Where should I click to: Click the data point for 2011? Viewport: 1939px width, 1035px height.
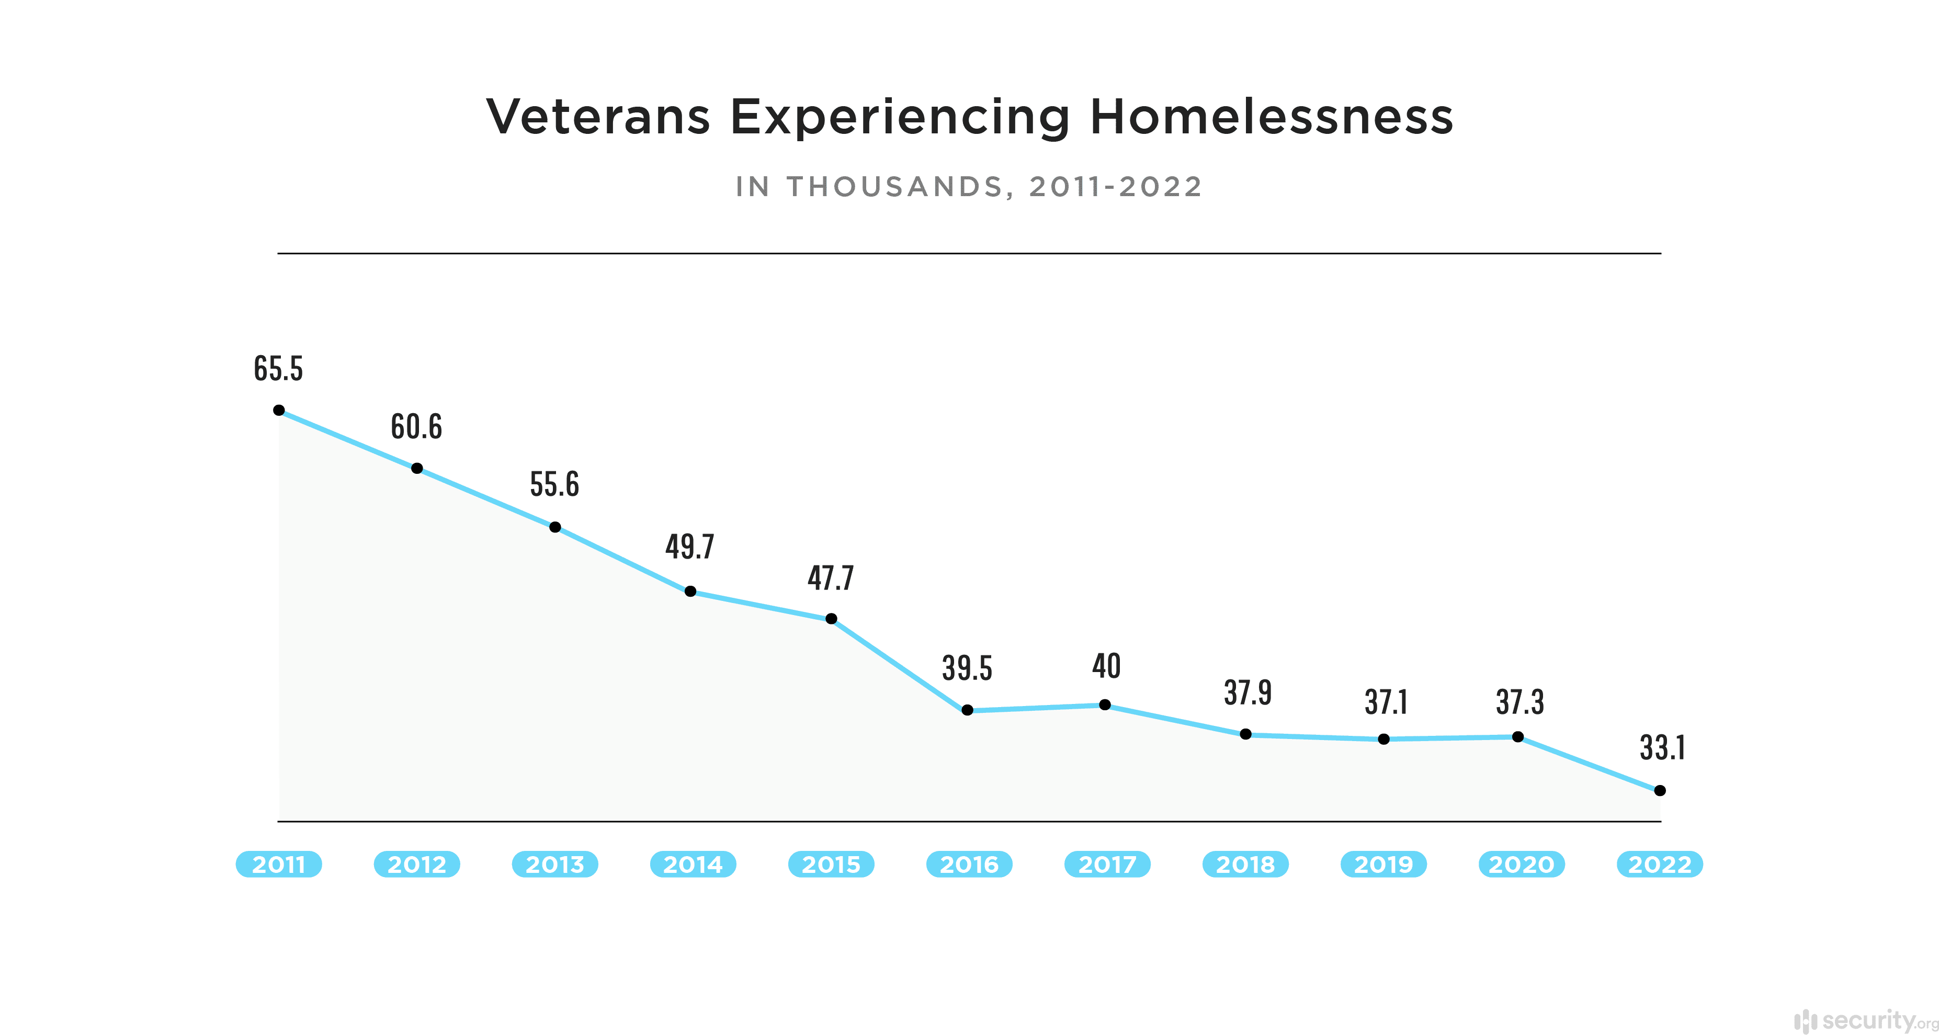(278, 410)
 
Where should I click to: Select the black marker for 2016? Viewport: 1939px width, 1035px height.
(967, 710)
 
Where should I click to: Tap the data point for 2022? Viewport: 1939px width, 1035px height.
(1660, 790)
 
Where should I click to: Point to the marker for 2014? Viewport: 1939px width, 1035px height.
(690, 591)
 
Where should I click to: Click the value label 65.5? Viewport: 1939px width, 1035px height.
(278, 369)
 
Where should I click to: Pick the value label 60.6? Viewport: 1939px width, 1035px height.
(416, 427)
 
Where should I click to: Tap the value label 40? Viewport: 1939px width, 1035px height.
(1106, 666)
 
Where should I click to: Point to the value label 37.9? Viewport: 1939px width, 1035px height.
(1248, 692)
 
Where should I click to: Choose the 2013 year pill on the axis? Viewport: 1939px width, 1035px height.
(555, 864)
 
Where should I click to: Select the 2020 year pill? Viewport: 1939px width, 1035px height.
(1521, 864)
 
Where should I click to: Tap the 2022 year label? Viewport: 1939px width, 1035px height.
(1660, 864)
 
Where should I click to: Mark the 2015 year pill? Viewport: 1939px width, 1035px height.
(831, 864)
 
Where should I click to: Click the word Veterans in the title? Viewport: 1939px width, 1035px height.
(598, 118)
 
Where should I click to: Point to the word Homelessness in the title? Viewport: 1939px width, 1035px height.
(1272, 118)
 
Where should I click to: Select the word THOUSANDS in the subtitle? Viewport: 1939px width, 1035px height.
(895, 187)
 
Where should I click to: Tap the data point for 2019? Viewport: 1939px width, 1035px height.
(1384, 739)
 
